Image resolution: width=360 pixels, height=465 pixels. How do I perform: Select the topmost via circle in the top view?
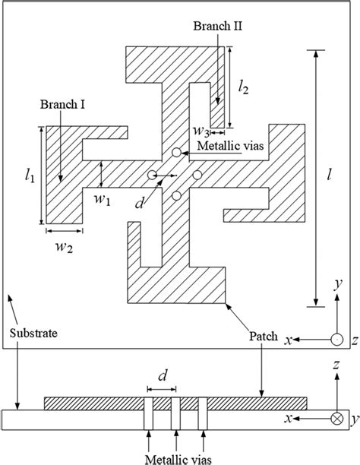coord(176,153)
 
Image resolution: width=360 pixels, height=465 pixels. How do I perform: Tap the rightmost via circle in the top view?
coord(197,176)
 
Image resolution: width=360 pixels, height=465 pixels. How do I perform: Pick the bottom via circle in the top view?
coord(176,196)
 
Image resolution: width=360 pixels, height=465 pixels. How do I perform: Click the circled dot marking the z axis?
coord(337,340)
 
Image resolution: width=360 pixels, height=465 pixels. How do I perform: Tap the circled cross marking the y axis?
coord(337,419)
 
